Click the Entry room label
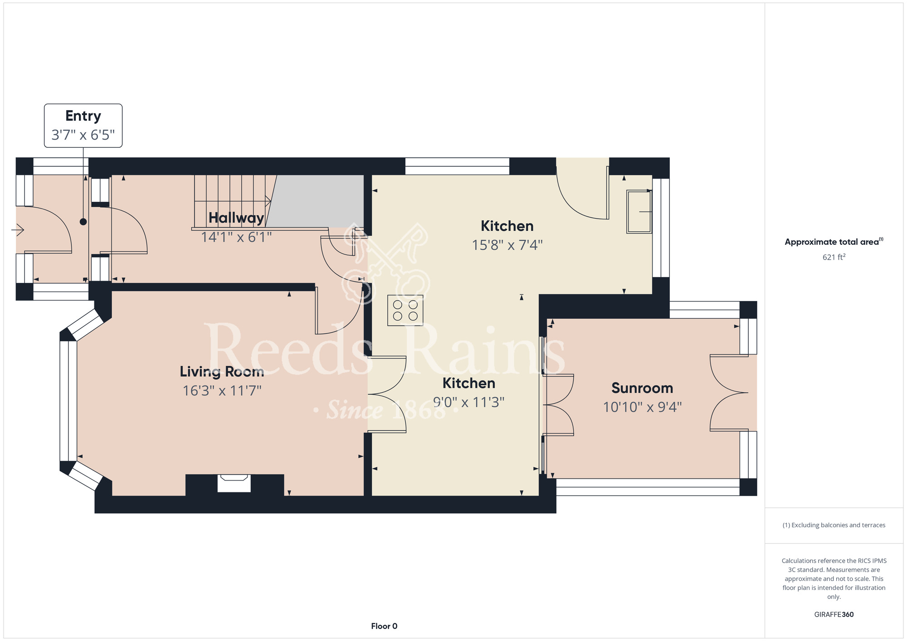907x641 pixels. (83, 117)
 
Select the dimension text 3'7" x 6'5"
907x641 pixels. (83, 135)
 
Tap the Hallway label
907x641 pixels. (236, 218)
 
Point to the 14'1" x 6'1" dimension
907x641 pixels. (236, 237)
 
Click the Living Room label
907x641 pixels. (222, 372)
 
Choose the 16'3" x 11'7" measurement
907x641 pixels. (222, 391)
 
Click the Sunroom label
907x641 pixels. (642, 388)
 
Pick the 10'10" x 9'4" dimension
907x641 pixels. (642, 407)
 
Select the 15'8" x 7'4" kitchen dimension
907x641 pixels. (507, 245)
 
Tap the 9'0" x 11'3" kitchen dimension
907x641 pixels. (468, 402)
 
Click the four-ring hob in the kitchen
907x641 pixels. (405, 311)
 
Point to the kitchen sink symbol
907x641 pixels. (639, 212)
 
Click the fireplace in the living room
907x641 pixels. (234, 483)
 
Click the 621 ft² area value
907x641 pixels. (834, 257)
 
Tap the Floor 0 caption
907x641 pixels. (384, 626)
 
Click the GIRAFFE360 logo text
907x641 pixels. (834, 615)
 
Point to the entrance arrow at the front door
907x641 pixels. (18, 230)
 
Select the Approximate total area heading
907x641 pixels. (834, 242)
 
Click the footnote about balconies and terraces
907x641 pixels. (834, 525)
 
